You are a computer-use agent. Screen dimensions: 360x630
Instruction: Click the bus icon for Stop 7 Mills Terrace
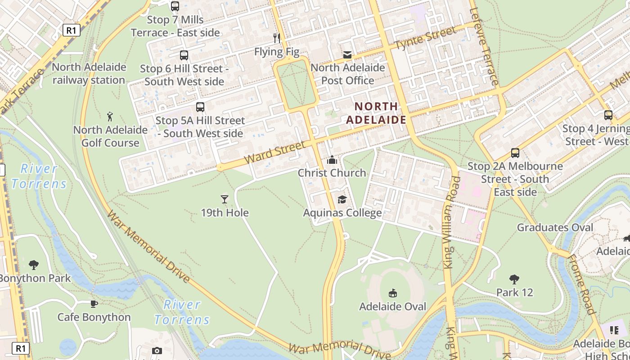(x=175, y=6)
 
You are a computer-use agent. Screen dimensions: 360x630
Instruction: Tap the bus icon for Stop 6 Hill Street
(x=184, y=55)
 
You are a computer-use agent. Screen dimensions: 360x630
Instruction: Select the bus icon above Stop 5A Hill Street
(x=200, y=107)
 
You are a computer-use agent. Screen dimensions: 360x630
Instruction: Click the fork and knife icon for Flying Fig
(x=277, y=38)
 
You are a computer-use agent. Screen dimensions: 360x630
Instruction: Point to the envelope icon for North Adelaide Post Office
(x=347, y=55)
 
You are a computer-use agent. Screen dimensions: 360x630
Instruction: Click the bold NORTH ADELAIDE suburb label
(x=376, y=113)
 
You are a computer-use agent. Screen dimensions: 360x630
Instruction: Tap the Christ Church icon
(x=332, y=160)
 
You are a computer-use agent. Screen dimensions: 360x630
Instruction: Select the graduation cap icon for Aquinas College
(x=342, y=199)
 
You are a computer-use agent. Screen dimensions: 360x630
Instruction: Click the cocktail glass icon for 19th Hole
(x=225, y=199)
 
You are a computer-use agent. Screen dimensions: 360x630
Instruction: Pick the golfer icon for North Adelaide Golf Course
(x=110, y=117)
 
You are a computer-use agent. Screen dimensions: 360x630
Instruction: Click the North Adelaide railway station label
(x=89, y=74)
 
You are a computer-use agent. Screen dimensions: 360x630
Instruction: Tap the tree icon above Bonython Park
(x=34, y=265)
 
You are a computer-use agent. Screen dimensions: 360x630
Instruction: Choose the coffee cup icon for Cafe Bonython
(x=94, y=304)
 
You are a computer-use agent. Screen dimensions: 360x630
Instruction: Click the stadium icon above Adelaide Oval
(x=393, y=293)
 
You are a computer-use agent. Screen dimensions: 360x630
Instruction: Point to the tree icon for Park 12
(x=514, y=279)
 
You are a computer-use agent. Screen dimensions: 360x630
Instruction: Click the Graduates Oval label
(x=555, y=227)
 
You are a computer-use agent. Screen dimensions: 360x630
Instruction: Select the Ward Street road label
(x=274, y=152)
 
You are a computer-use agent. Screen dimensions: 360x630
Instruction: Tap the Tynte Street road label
(x=425, y=39)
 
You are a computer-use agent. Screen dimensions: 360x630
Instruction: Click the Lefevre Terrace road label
(x=484, y=47)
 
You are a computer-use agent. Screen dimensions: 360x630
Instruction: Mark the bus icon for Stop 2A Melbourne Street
(x=515, y=153)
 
